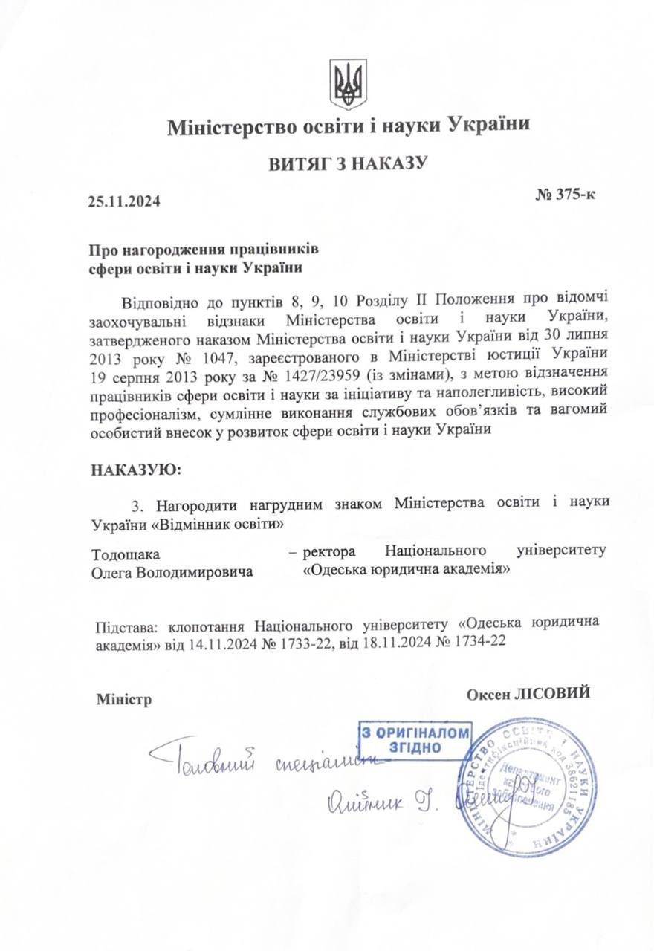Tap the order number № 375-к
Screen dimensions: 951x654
pyautogui.click(x=564, y=195)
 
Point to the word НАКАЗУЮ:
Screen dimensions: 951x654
pyautogui.click(x=135, y=470)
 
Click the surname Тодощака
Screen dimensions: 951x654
pyautogui.click(x=126, y=554)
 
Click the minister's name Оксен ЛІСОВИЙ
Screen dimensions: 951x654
pyautogui.click(x=528, y=693)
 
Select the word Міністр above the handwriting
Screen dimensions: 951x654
pyautogui.click(x=123, y=699)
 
